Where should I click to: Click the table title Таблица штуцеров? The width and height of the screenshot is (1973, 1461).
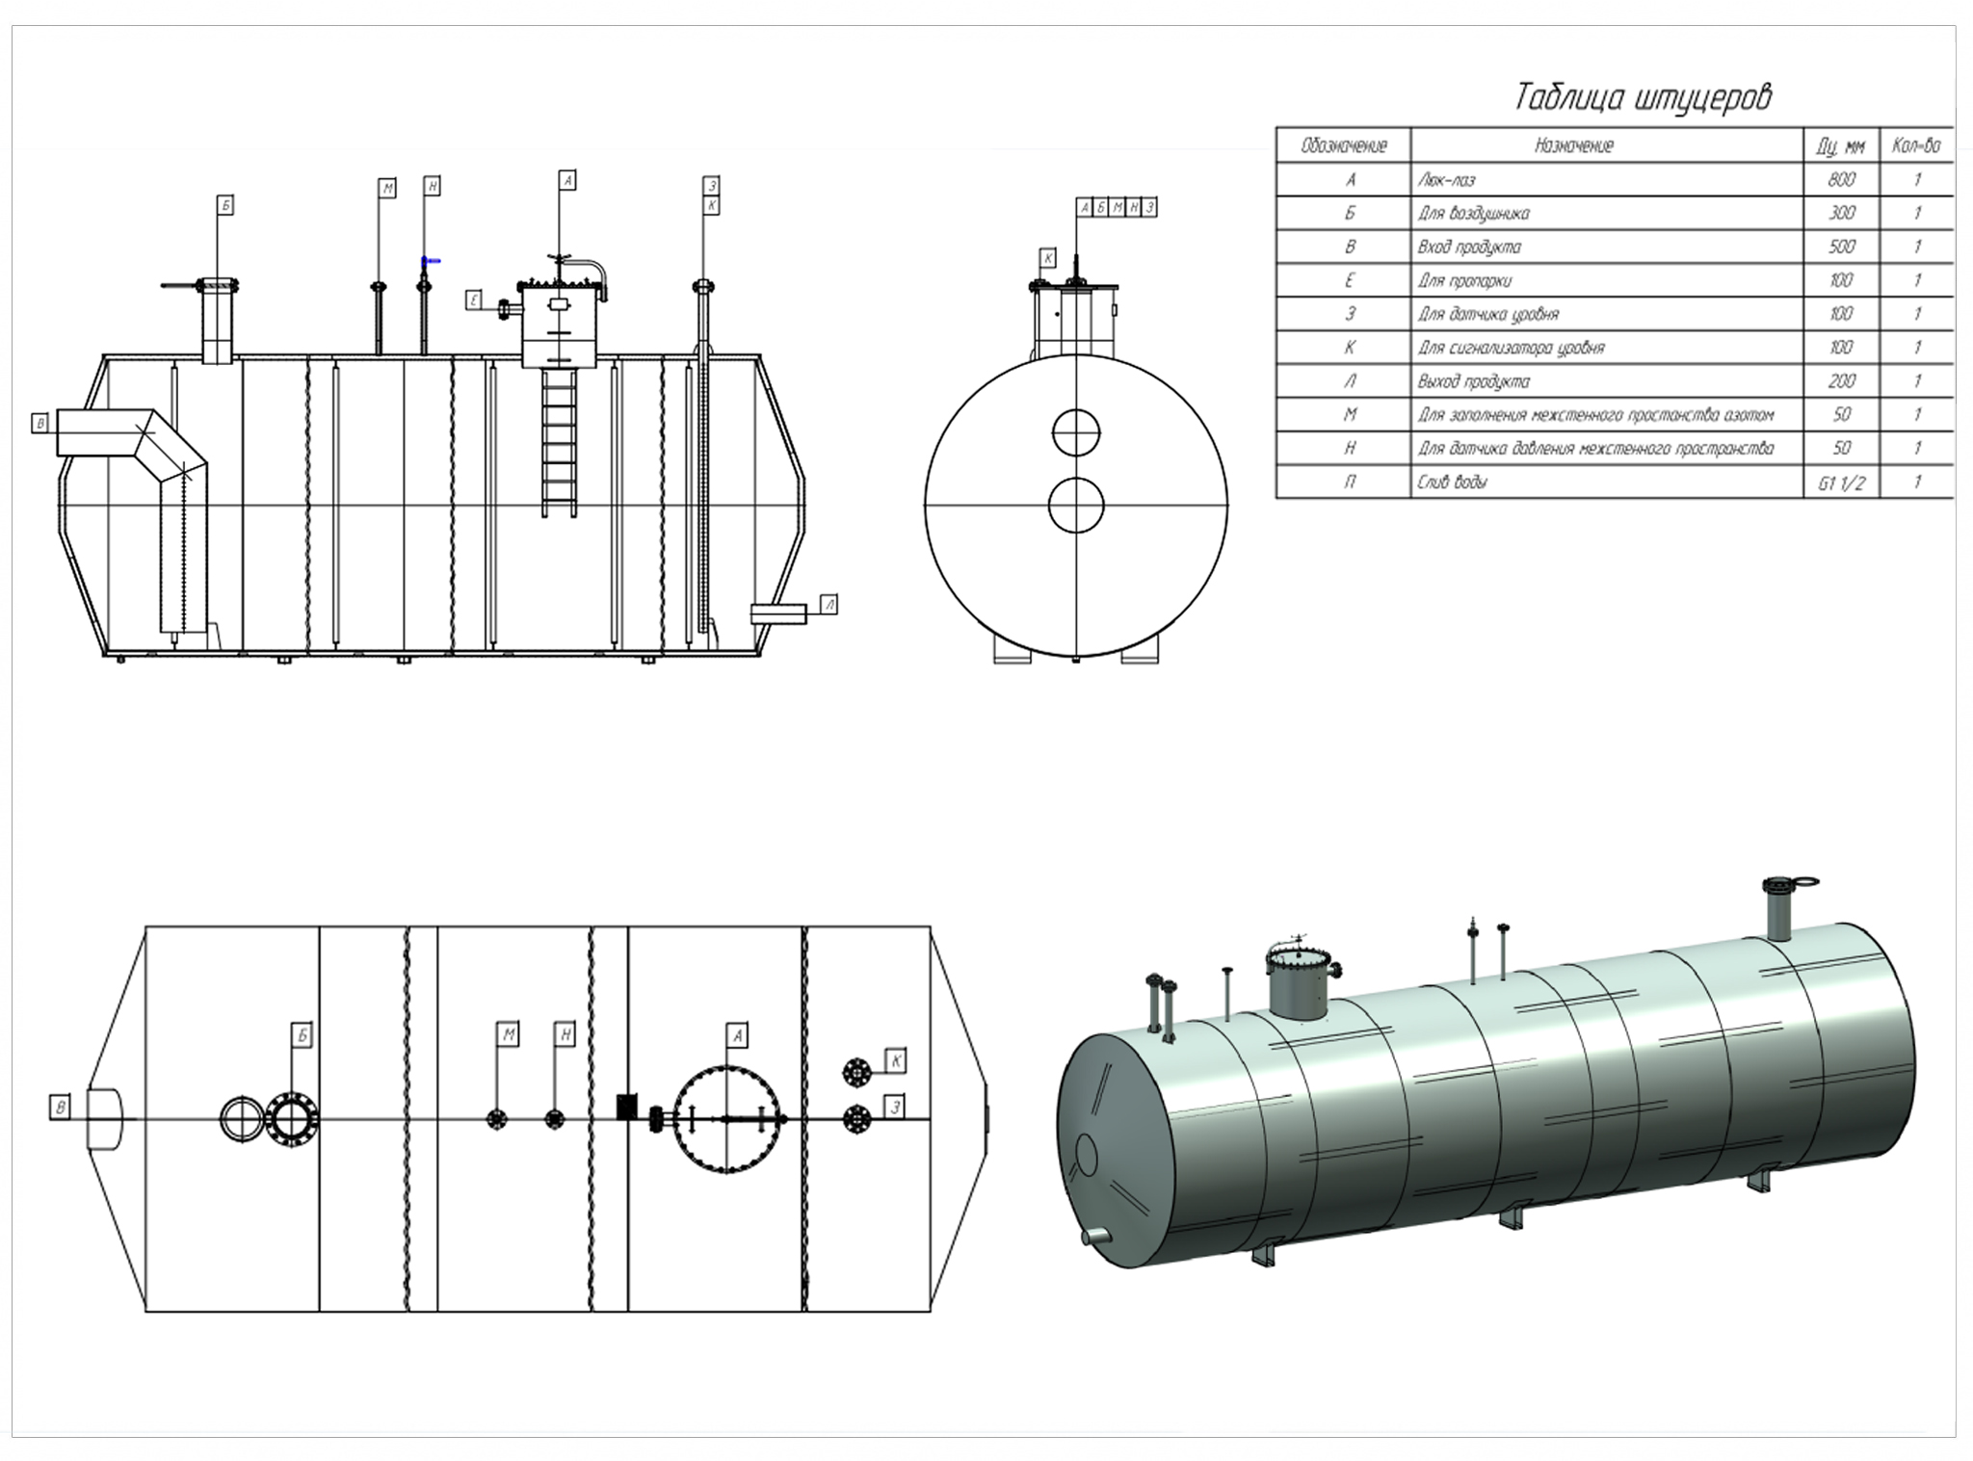(1643, 97)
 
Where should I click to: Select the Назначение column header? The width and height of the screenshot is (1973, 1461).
(1573, 145)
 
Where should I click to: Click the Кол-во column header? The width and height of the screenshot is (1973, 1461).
(1915, 145)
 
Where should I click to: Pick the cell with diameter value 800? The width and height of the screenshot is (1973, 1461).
(1841, 180)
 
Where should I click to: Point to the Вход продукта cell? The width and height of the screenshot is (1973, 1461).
(1468, 247)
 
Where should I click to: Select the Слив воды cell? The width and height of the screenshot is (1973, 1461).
(1451, 482)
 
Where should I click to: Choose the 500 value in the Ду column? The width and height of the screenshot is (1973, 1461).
(1841, 247)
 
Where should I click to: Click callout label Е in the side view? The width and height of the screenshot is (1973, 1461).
(474, 300)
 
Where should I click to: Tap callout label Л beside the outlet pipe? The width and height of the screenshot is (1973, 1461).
(829, 604)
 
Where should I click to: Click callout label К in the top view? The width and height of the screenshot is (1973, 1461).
(896, 1061)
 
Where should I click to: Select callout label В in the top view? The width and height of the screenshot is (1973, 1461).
(61, 1108)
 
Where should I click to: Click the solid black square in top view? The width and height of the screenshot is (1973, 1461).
(627, 1107)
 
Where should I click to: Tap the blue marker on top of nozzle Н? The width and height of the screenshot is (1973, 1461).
(431, 260)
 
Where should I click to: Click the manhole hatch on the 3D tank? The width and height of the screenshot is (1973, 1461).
(1298, 983)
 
